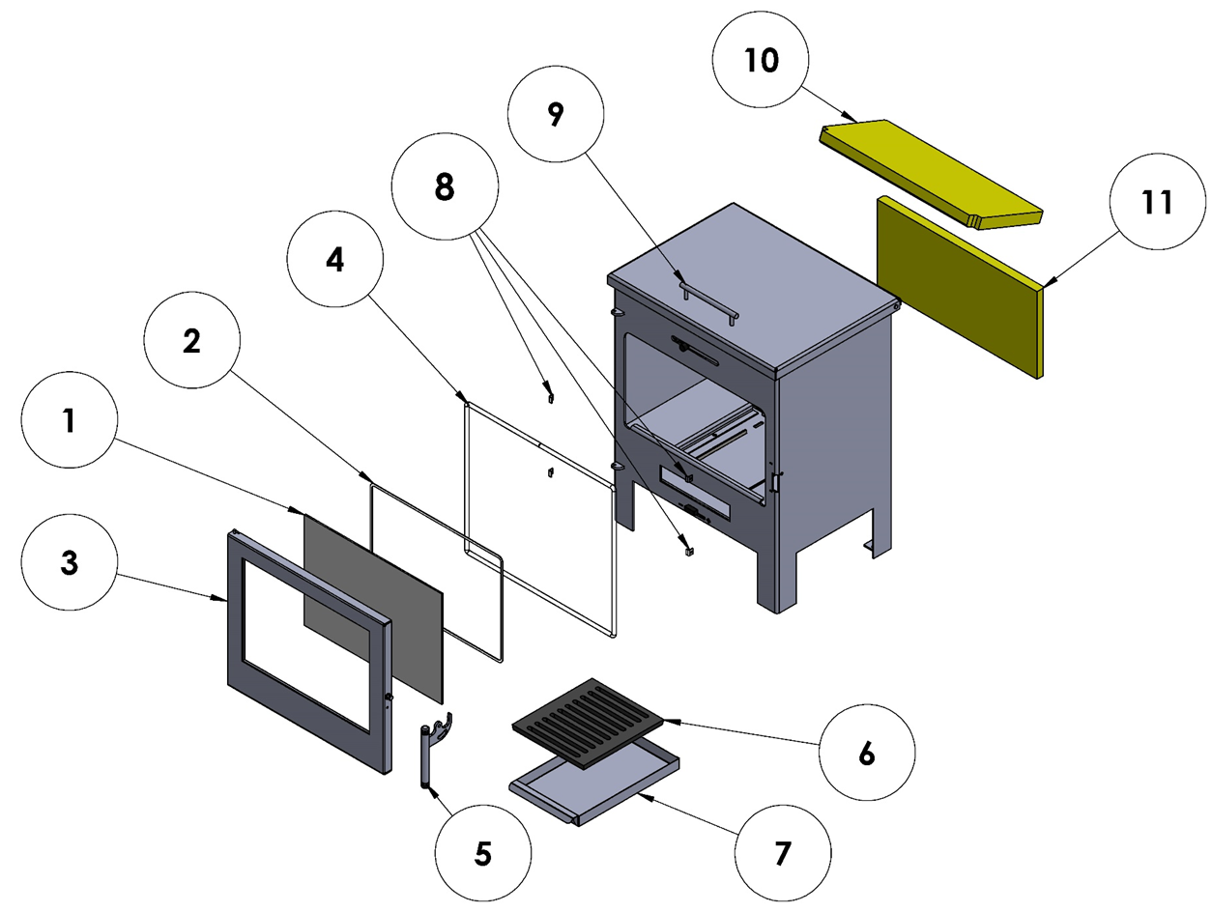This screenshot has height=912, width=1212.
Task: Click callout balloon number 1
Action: pos(69,422)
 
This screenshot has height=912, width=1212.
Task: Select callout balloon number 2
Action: pos(192,341)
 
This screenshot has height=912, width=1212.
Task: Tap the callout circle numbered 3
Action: pos(69,563)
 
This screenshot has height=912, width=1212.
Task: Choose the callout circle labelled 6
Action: pos(866,752)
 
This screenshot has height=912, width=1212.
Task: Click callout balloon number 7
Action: pos(782,851)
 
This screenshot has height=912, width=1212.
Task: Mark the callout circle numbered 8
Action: pos(444,189)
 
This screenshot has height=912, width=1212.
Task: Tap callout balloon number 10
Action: pos(762,61)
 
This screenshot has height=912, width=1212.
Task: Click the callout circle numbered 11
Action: pos(1157,203)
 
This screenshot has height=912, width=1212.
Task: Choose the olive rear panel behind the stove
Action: pos(957,290)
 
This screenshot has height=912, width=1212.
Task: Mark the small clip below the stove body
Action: pos(687,551)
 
